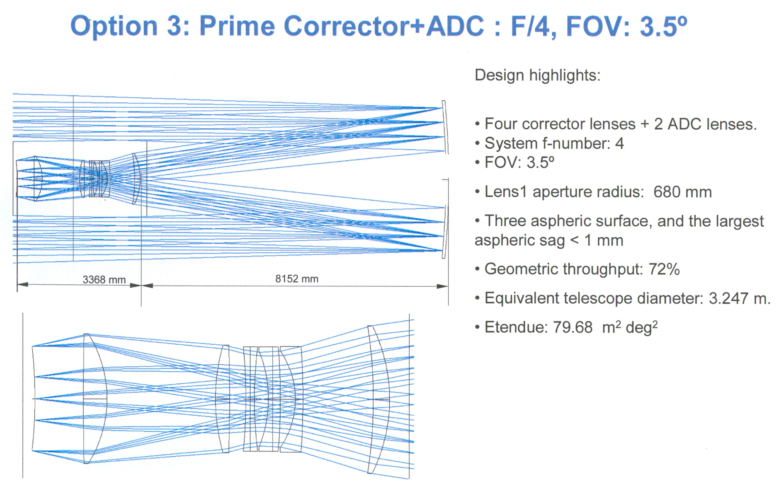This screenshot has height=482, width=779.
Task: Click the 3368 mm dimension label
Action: pyautogui.click(x=104, y=280)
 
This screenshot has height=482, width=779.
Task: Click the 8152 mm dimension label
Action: pyautogui.click(x=297, y=279)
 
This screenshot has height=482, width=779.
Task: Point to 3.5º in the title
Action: pyautogui.click(x=663, y=26)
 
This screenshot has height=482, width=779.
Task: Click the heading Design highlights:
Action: pyautogui.click(x=537, y=75)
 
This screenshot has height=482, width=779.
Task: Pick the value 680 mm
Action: pyautogui.click(x=682, y=192)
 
